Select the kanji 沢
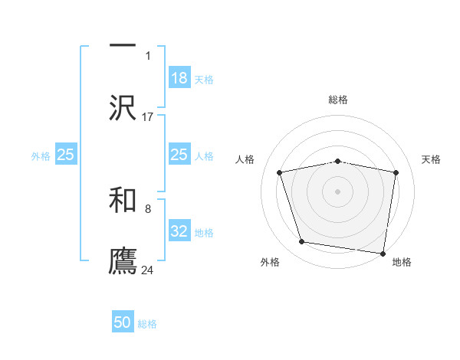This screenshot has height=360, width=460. (x=123, y=108)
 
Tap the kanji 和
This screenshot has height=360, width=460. (x=123, y=200)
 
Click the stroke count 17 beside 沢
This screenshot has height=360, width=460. (x=148, y=117)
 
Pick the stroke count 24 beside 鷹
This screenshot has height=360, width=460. (x=148, y=270)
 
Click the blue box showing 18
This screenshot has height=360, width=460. (x=179, y=78)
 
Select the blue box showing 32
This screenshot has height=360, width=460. (x=179, y=231)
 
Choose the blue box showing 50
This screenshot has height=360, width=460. (x=123, y=323)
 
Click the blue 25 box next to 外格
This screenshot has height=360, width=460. (x=66, y=155)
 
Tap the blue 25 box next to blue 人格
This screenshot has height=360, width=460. (x=179, y=155)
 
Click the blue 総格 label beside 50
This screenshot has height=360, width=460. (x=147, y=324)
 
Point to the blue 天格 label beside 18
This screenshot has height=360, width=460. (x=204, y=79)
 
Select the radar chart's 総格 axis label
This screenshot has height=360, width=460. (x=338, y=100)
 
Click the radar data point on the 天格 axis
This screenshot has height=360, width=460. (x=396, y=172)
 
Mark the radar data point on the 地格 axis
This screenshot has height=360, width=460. (x=383, y=253)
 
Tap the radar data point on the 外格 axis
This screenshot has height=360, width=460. (x=302, y=242)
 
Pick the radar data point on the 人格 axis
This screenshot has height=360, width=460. (x=280, y=172)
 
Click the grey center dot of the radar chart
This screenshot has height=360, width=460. (x=338, y=191)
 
